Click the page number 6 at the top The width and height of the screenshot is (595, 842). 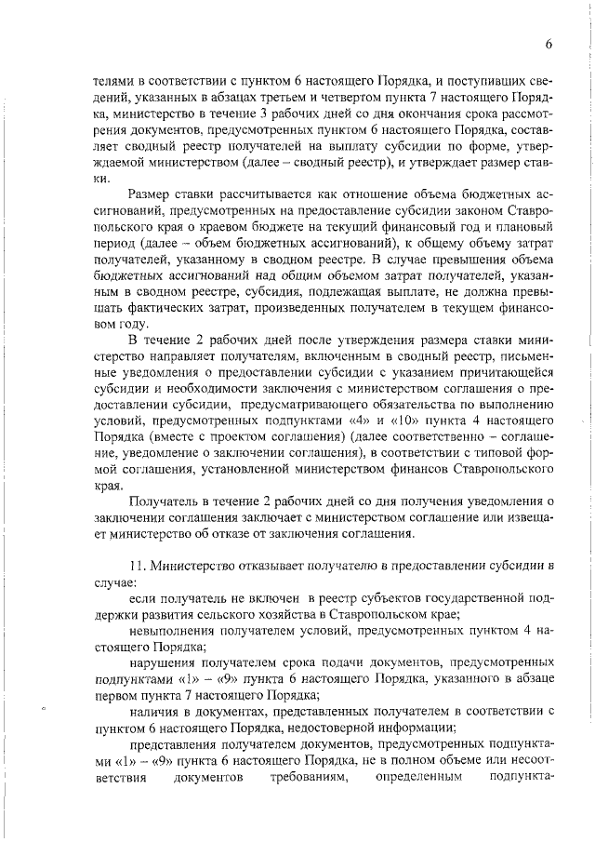pyautogui.click(x=549, y=44)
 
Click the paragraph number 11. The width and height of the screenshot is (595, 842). pyautogui.click(x=138, y=566)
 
